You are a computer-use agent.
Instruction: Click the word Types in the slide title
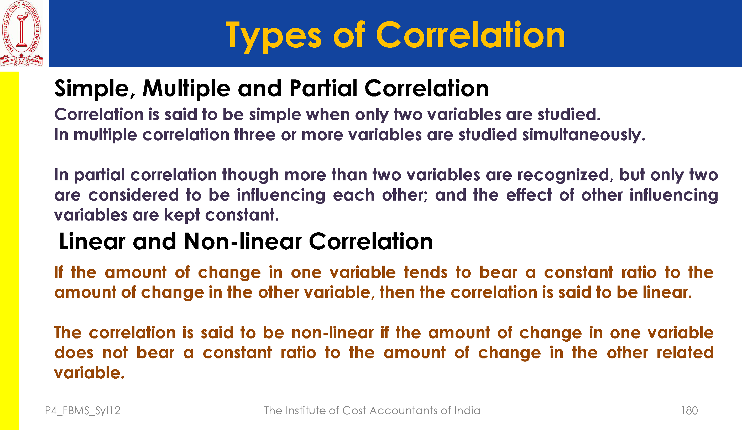(274, 36)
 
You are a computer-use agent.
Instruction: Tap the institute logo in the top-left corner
(22, 33)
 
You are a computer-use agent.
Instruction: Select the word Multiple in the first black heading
(186, 89)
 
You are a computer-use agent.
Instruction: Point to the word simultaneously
(584, 135)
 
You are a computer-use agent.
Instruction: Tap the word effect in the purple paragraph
(529, 195)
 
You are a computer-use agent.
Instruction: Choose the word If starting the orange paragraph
(59, 272)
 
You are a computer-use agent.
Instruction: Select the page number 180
(689, 411)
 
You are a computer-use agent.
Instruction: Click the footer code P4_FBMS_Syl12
(83, 411)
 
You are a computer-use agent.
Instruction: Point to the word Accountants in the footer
(403, 411)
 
